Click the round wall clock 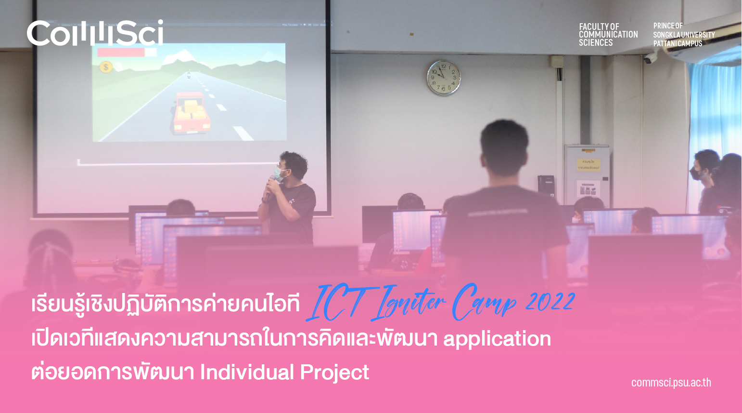pos(444,78)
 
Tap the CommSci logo pos(95,33)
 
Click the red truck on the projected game pos(192,113)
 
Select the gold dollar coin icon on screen pos(106,67)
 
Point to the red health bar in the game pos(121,52)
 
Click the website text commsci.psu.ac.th pos(671,383)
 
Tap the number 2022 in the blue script pos(550,302)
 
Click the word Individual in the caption pos(247,372)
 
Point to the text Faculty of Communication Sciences pos(608,35)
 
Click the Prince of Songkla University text pos(684,35)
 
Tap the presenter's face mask pos(279,174)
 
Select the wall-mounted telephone pos(546,186)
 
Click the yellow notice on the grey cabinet pos(588,165)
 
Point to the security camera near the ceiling pos(650,58)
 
